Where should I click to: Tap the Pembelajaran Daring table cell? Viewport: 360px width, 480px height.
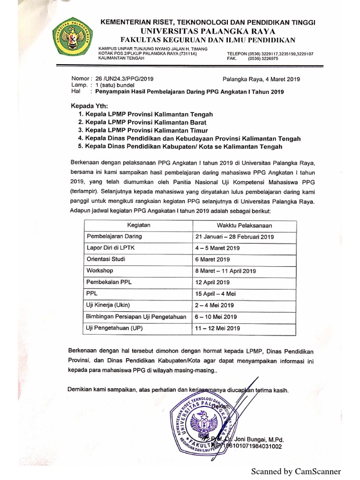[114, 236]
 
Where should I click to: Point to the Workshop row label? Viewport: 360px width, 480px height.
[99, 270]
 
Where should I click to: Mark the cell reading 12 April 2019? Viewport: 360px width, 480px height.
[212, 282]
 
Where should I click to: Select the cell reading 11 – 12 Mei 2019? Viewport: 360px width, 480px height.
[216, 328]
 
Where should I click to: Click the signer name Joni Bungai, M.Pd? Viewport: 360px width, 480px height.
[262, 439]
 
